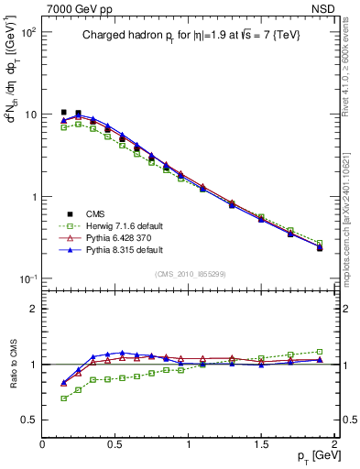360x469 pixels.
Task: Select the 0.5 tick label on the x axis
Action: tap(115, 444)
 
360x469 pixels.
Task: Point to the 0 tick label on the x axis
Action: tap(43, 444)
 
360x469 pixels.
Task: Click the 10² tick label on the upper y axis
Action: tap(27, 32)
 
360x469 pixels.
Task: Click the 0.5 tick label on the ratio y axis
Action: tap(29, 420)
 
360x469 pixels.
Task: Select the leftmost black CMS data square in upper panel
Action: tap(63, 113)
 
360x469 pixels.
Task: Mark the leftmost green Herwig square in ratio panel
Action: tap(63, 398)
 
